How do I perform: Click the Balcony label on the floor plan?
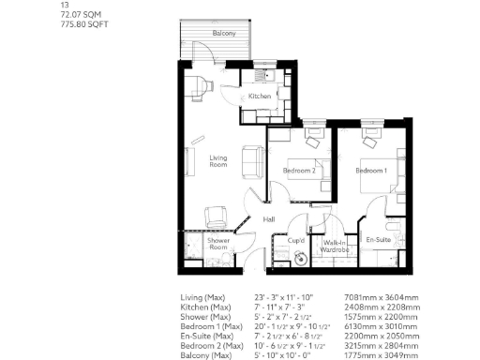223,34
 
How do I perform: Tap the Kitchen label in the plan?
260,97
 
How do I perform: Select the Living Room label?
218,162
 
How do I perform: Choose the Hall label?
269,219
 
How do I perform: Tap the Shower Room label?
220,245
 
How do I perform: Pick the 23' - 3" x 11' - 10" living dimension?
283,298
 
